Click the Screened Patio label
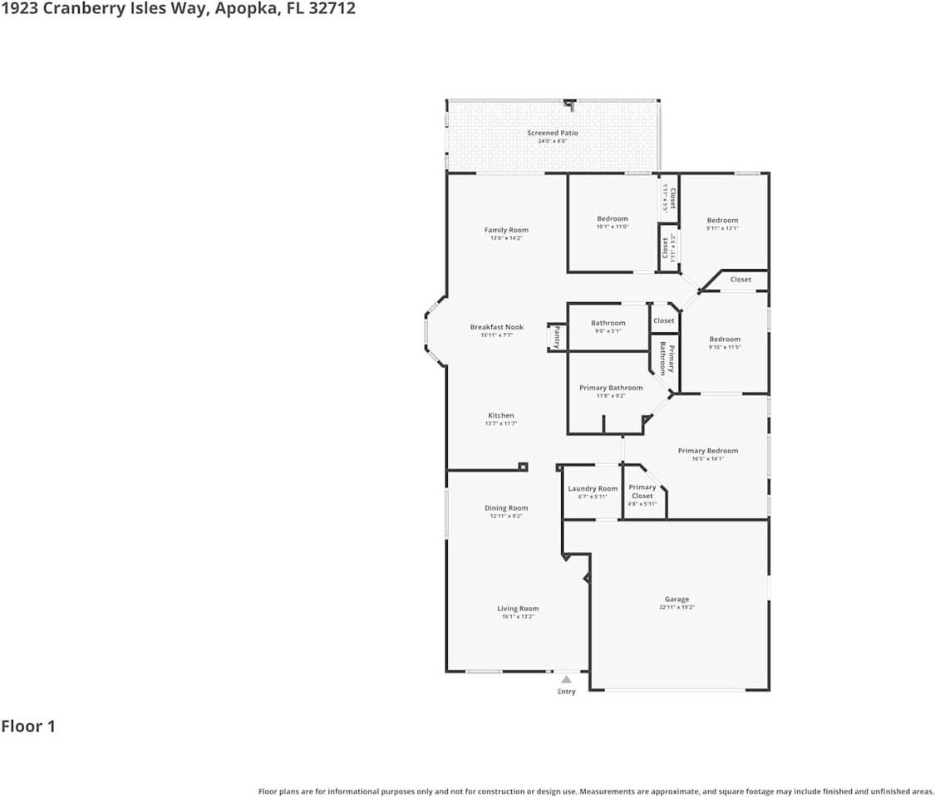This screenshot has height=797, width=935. pyautogui.click(x=553, y=133)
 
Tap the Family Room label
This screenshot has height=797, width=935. pyautogui.click(x=506, y=230)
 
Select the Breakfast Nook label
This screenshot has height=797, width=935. pyautogui.click(x=496, y=327)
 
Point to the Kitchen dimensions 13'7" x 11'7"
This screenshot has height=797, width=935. pyautogui.click(x=501, y=423)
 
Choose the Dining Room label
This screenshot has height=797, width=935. pyautogui.click(x=506, y=508)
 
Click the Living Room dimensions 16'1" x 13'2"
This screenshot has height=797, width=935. pyautogui.click(x=518, y=617)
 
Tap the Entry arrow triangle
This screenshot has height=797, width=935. pyautogui.click(x=566, y=680)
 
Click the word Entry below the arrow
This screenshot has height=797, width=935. pyautogui.click(x=566, y=692)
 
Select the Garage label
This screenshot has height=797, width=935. pyautogui.click(x=677, y=599)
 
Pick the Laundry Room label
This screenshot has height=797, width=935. pyautogui.click(x=593, y=489)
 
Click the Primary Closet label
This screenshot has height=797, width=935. pyautogui.click(x=642, y=491)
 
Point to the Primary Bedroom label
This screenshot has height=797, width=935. pyautogui.click(x=707, y=451)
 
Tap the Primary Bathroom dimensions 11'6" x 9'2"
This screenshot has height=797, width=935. pyautogui.click(x=611, y=396)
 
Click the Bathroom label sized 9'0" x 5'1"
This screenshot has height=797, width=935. pyautogui.click(x=608, y=323)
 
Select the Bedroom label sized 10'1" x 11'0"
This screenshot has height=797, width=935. pyautogui.click(x=613, y=219)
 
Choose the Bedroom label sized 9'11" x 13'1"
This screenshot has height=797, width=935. pyautogui.click(x=722, y=220)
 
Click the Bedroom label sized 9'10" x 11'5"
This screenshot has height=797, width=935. pyautogui.click(x=725, y=339)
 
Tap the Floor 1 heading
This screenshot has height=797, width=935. pyautogui.click(x=28, y=726)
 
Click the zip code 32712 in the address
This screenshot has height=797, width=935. pyautogui.click(x=331, y=9)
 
